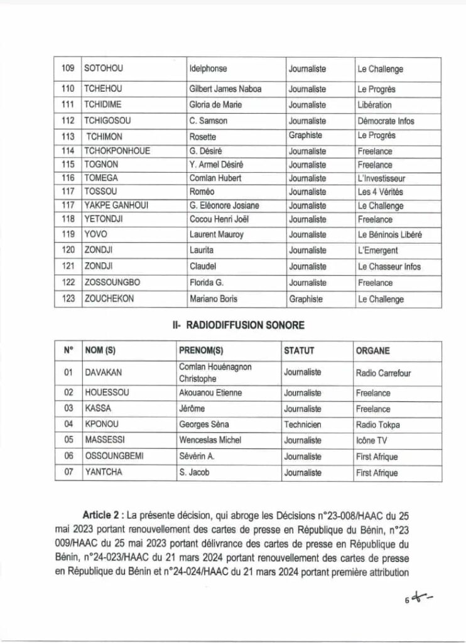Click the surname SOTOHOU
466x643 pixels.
point(104,70)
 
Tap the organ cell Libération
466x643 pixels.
point(374,105)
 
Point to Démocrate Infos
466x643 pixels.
point(386,121)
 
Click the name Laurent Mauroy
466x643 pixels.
point(216,235)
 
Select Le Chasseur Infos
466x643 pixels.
point(389,267)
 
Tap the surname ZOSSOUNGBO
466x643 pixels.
point(114,283)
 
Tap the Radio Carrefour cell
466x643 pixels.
point(383,373)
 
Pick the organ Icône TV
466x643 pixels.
point(372,441)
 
